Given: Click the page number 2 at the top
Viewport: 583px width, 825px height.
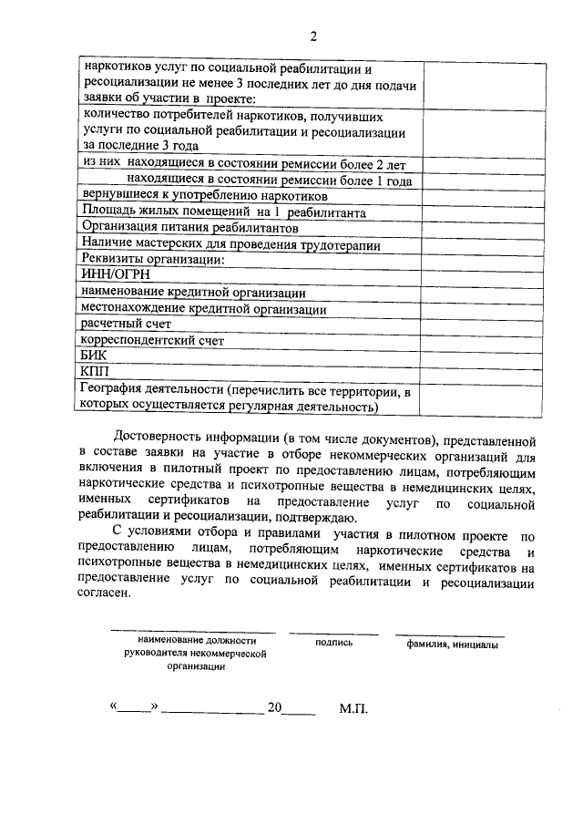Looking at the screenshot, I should [312, 36].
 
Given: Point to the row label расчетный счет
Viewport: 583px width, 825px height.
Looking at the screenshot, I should [126, 324].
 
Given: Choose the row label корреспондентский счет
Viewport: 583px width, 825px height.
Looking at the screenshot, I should [152, 340].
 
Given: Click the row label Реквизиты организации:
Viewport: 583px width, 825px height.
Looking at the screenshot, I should [152, 259].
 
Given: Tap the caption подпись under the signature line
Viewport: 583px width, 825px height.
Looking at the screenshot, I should [333, 643].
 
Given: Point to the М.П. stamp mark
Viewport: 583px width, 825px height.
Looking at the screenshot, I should [353, 707].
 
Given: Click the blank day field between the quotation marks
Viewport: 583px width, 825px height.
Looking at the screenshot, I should [134, 707].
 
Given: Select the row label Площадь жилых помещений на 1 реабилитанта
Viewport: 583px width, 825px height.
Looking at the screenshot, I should [224, 211].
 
